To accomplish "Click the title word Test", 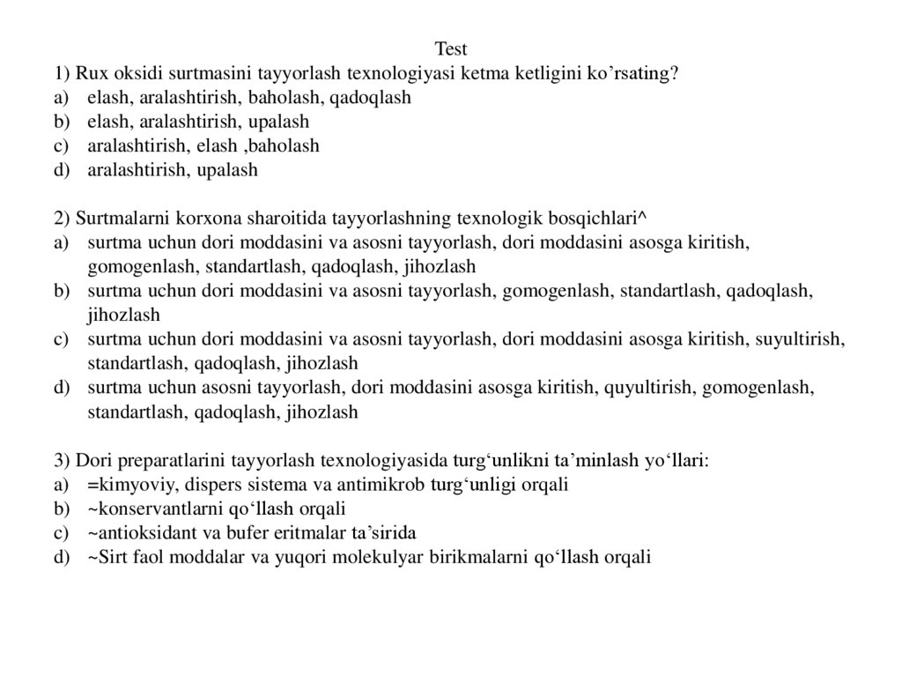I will click(x=451, y=48).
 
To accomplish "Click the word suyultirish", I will click(x=801, y=338).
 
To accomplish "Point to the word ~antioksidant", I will click(x=137, y=533).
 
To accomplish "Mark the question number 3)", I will click(x=62, y=460).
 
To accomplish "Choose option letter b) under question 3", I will click(x=61, y=509).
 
